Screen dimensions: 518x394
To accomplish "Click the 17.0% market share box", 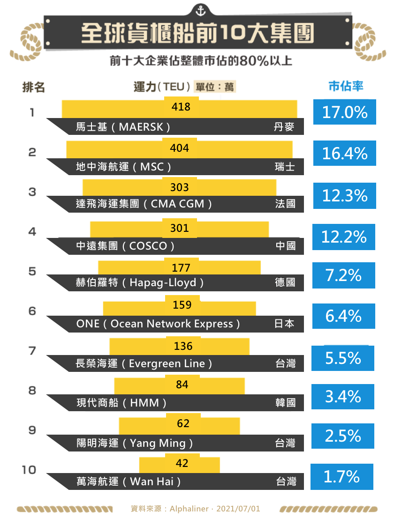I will (345, 112).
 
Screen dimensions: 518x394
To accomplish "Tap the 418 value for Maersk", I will (181, 107).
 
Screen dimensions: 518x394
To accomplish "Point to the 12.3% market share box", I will (345, 195).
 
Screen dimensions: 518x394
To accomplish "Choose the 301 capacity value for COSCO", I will (180, 228).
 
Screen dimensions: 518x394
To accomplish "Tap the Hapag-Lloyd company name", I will (140, 282).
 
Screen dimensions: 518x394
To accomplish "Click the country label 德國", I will (285, 282).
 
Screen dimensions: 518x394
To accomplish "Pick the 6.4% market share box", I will (344, 316).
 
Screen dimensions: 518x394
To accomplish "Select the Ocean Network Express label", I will (158, 324).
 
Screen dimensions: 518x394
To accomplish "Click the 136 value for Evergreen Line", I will (183, 346).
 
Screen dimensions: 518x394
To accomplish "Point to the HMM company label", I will (122, 402).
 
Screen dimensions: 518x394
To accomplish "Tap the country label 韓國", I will (285, 402).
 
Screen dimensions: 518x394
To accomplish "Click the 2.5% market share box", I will (343, 436).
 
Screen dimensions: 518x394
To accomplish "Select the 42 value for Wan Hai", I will (182, 463).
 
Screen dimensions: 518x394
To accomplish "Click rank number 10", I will (29, 470).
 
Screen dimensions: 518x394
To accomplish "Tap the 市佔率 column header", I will (346, 87).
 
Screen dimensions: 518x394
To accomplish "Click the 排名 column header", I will (34, 87).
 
